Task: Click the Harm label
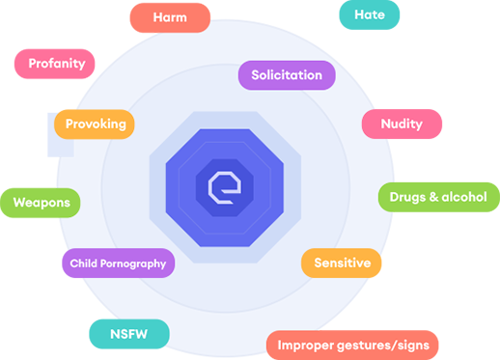170,17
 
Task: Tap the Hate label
370,14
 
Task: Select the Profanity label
56,64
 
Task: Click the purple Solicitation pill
287,75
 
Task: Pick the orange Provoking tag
95,125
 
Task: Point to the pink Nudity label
401,125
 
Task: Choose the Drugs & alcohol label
437,197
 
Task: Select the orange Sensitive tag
343,263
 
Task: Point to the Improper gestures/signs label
352,345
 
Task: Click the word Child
81,263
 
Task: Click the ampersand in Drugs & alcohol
431,197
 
